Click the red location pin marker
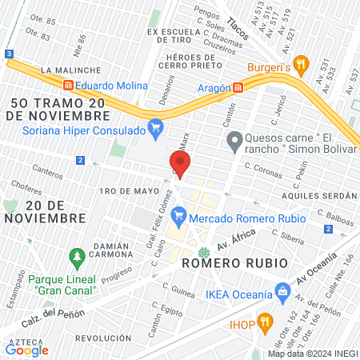click(x=180, y=164)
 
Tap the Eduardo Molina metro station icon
click(x=69, y=86)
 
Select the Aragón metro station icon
click(x=238, y=87)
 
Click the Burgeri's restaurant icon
click(x=301, y=63)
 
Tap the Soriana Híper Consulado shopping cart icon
click(x=155, y=127)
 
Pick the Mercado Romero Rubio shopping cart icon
click(x=180, y=215)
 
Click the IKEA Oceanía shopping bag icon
click(x=281, y=292)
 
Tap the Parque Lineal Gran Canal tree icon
click(x=78, y=258)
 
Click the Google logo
click(x=27, y=350)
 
